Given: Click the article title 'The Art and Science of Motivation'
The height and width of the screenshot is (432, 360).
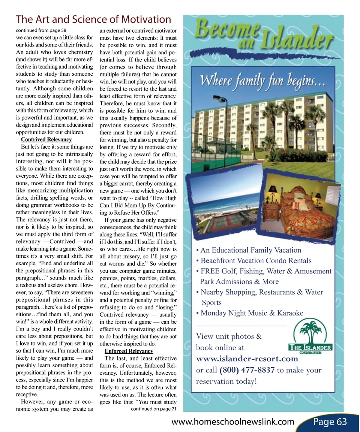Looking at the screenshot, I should [94, 19].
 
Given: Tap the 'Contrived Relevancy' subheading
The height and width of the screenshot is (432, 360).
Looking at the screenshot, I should [46, 140].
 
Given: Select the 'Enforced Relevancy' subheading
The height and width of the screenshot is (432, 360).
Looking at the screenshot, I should [129, 351].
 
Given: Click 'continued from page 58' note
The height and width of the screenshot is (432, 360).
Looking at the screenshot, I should [42, 30].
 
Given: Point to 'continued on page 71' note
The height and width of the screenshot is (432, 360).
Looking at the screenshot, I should [154, 409].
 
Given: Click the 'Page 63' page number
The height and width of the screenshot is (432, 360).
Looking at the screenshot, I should [330, 422].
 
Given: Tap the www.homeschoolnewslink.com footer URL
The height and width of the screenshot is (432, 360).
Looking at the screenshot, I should [232, 422].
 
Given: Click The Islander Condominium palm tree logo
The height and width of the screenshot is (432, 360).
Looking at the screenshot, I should [310, 336].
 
